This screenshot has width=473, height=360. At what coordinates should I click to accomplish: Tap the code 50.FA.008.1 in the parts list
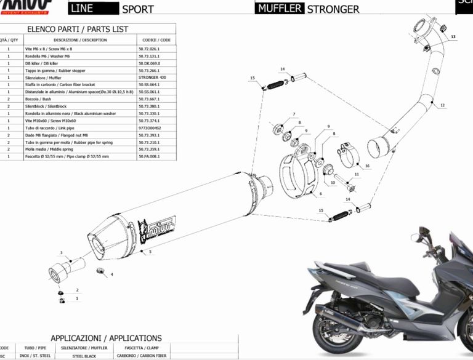click(149, 157)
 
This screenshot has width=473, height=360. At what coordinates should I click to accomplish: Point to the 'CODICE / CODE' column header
click(156, 40)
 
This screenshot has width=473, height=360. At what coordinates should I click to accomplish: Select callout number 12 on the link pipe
click(442, 106)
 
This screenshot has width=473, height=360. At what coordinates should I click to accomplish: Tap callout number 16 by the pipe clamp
click(367, 166)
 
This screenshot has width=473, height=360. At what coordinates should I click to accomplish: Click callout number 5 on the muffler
click(150, 251)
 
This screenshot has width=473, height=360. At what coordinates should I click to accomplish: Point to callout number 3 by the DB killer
click(61, 253)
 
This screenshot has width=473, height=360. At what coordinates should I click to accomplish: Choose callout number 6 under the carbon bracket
click(320, 193)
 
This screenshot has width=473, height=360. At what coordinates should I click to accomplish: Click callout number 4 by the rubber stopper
click(111, 274)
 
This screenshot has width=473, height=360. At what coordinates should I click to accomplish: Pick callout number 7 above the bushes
click(294, 114)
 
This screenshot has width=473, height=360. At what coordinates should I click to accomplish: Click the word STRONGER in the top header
click(333, 9)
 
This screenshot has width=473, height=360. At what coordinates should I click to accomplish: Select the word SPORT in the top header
click(138, 9)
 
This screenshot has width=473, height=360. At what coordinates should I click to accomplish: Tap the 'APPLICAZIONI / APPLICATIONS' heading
click(106, 338)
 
